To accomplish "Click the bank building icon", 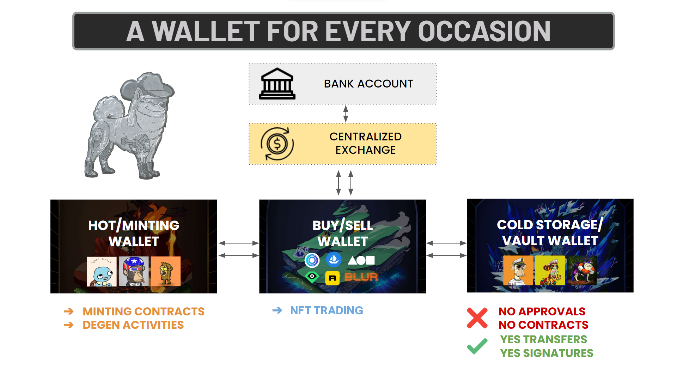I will point(277,84).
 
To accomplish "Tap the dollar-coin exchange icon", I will point(277,144).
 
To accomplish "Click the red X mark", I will point(477,318).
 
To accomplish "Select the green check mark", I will point(477,346).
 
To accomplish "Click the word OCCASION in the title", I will point(484,31).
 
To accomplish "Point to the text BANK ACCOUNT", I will point(368,84).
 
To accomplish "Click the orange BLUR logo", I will point(361,277).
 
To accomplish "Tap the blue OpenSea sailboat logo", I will point(334,260).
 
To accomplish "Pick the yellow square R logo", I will point(332,278).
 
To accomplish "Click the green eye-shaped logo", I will point(312,277).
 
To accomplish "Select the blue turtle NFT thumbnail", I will point(102,271).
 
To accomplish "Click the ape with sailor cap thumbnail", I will point(518,271).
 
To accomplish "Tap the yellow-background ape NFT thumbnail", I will point(550,271).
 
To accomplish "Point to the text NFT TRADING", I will point(327,310).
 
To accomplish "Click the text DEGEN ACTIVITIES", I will point(133,325).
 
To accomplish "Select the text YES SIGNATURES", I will point(547,353).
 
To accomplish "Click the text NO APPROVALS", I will point(542,312).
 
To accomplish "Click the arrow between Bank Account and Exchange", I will point(346,114).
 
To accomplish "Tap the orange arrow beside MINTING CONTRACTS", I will point(69,312).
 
